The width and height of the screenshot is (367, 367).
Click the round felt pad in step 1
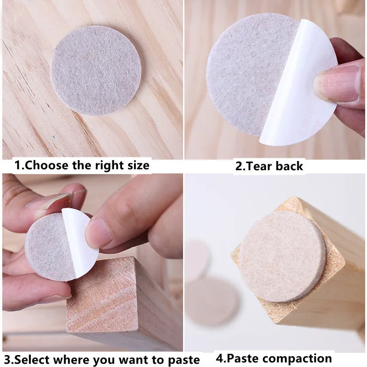click(x=96, y=71)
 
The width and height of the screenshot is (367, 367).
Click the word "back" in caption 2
click(x=289, y=166)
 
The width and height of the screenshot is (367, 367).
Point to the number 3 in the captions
click(x=7, y=360)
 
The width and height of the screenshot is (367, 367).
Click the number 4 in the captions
click(x=220, y=358)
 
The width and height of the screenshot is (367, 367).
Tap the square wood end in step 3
click(x=102, y=295)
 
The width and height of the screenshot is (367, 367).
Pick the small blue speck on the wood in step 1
click(x=53, y=137)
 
